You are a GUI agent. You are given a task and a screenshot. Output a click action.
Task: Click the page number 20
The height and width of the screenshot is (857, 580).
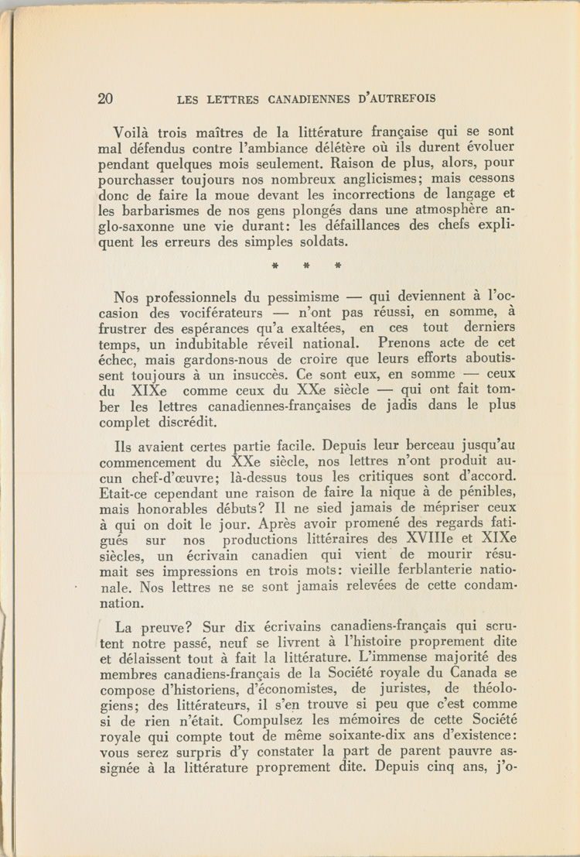[x=106, y=98]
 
